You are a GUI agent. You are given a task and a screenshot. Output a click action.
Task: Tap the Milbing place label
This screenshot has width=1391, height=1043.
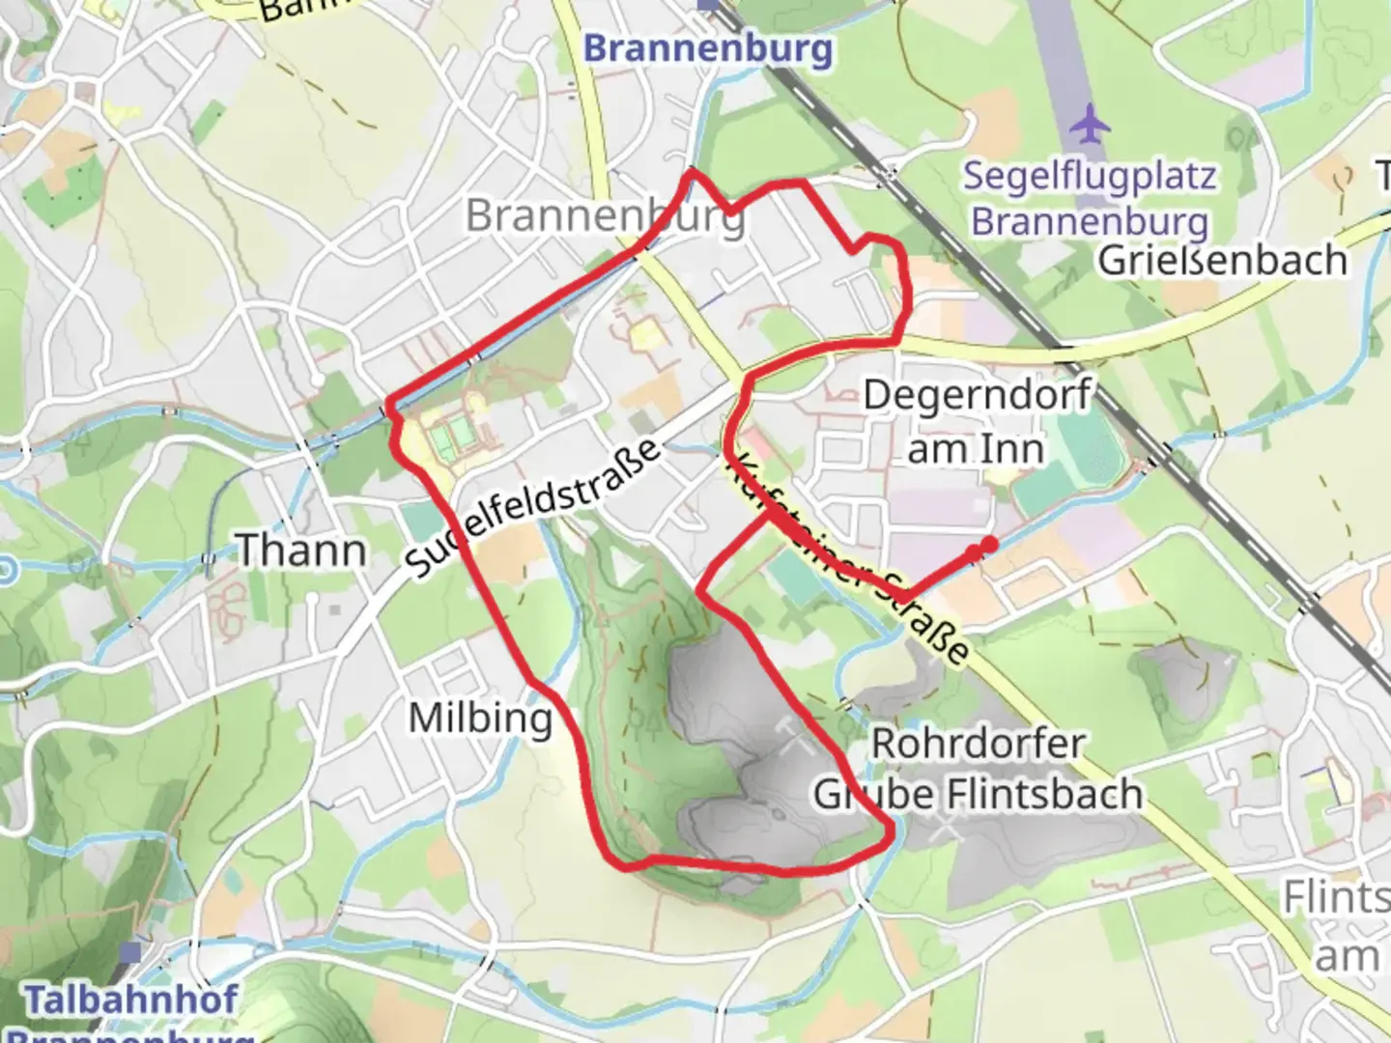480,719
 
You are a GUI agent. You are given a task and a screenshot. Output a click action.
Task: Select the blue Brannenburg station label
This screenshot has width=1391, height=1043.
708,48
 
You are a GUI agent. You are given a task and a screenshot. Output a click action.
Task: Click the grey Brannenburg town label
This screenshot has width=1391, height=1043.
605,215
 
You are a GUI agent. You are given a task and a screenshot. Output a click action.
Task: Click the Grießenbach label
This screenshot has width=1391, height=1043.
1222,261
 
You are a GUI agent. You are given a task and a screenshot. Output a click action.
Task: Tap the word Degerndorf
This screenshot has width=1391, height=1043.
977,396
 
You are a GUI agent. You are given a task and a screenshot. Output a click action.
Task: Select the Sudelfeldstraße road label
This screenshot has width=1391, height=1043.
534,509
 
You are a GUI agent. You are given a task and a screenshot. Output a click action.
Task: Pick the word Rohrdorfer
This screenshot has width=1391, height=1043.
978,745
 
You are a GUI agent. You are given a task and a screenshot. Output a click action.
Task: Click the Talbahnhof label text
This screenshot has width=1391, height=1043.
130,1000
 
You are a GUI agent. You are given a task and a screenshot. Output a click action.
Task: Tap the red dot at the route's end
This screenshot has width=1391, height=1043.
988,546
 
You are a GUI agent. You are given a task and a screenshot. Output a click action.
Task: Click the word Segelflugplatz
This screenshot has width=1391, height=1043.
1089,177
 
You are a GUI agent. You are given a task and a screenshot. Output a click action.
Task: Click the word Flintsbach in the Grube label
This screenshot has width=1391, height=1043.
1044,794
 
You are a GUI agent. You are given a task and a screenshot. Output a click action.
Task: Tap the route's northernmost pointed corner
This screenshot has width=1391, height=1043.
692,171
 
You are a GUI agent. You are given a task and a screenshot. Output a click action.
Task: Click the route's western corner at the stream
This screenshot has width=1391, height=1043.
388,403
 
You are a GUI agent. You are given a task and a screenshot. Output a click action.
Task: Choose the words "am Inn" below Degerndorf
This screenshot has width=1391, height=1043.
976,449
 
